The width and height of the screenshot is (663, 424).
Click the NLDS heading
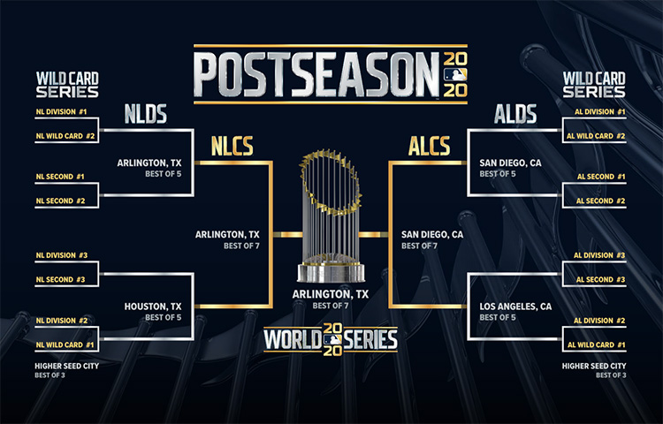(x=146, y=114)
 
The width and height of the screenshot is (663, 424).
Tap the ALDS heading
(x=515, y=114)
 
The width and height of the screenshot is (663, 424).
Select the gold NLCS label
(x=232, y=146)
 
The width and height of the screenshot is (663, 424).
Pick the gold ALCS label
(x=429, y=146)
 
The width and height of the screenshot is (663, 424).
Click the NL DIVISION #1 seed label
(x=61, y=112)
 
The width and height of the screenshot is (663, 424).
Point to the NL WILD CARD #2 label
(x=65, y=136)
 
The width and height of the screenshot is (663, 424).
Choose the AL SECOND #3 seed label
(x=600, y=279)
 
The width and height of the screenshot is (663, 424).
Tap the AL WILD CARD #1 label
(x=596, y=345)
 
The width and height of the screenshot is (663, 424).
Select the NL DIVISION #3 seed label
(x=62, y=255)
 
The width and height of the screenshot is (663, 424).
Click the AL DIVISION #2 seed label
(x=599, y=321)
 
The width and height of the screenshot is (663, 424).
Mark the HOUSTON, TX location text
(x=153, y=307)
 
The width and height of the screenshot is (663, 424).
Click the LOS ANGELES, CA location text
(x=515, y=307)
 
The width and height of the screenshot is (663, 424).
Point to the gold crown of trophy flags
(x=331, y=182)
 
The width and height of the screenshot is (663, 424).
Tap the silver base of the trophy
(x=331, y=273)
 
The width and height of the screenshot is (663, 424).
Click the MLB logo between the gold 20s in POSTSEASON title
(x=455, y=74)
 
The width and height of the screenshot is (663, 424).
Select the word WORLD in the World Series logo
(x=293, y=339)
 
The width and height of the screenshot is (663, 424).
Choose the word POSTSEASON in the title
(x=316, y=74)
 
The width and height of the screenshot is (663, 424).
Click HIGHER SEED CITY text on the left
(x=67, y=367)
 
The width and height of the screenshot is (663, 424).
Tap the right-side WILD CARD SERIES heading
(x=594, y=85)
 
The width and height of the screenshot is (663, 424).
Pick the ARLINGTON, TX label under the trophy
(x=331, y=294)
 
